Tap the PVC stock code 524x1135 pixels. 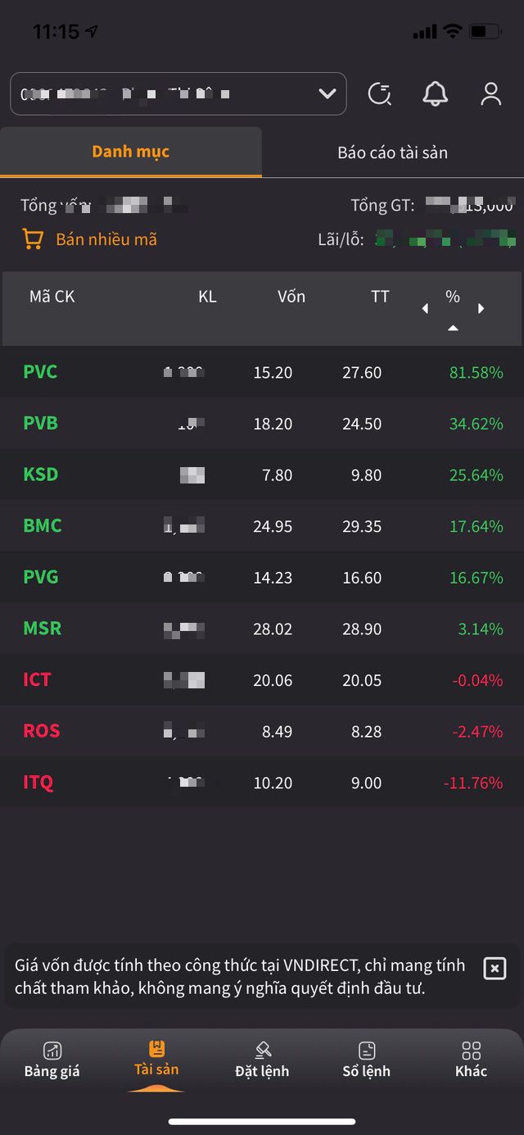[40, 372]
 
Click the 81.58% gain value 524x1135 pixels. [476, 372]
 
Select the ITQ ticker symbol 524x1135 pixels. [38, 783]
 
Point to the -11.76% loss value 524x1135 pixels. [473, 783]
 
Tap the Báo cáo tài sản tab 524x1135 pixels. [392, 152]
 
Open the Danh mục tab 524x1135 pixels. [131, 152]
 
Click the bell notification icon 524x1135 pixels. [436, 94]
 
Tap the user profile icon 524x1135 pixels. [490, 94]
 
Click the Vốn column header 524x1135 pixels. [291, 297]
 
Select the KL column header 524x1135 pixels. [207, 297]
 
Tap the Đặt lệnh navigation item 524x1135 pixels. [262, 1060]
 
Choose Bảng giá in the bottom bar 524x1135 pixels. [52, 1060]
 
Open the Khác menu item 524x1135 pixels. [471, 1060]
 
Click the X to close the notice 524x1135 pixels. [495, 968]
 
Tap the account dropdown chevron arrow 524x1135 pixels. [327, 94]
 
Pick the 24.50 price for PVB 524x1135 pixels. [362, 424]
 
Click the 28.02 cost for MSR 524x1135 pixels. [273, 629]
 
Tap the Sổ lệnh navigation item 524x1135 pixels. [366, 1060]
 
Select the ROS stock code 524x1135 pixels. [42, 731]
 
